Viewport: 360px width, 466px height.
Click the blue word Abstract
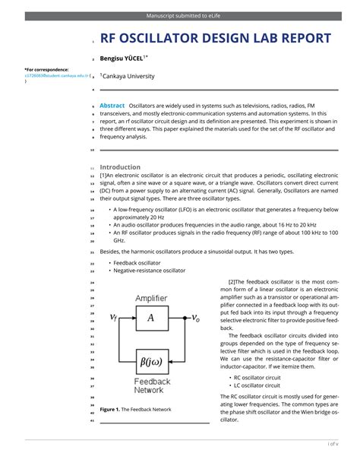coord(112,106)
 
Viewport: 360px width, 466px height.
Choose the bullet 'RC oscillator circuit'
coord(257,377)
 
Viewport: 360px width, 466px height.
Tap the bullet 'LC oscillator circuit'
coord(257,385)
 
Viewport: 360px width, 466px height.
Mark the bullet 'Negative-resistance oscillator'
coord(149,270)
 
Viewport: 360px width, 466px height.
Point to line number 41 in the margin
coord(91,420)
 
